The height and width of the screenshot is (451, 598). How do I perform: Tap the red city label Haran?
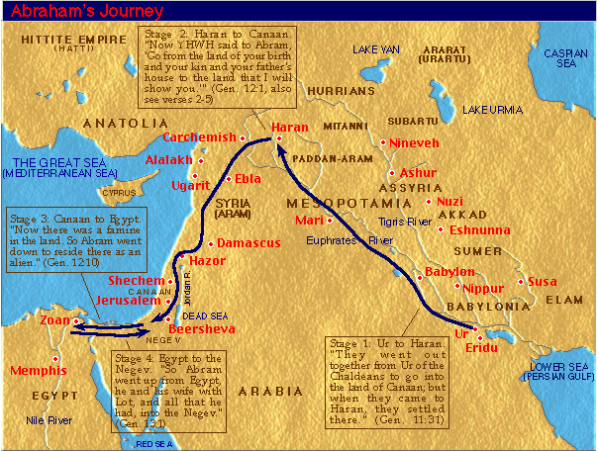pyautogui.click(x=290, y=128)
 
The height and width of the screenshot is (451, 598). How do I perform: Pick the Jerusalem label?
pyautogui.click(x=133, y=300)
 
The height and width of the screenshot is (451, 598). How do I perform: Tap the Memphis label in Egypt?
pyautogui.click(x=39, y=371)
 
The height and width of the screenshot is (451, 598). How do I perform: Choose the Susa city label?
pyautogui.click(x=544, y=282)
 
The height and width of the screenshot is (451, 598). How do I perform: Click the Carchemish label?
pyautogui.click(x=199, y=136)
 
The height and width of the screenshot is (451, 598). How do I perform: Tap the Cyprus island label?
pyautogui.click(x=119, y=193)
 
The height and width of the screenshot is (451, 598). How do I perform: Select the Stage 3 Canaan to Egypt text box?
pyautogui.click(x=76, y=243)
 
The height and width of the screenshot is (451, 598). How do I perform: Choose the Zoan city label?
pyautogui.click(x=54, y=320)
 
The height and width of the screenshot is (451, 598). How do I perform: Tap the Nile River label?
pyautogui.click(x=47, y=419)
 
